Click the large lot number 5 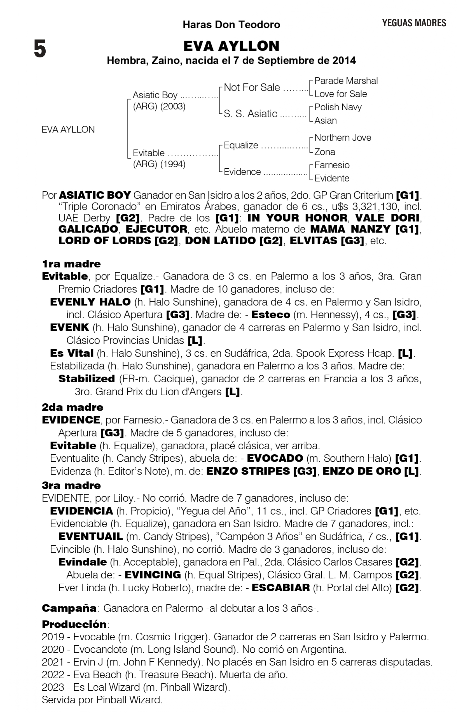(40, 49)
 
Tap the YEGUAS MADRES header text (414, 23)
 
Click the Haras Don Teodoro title (231, 24)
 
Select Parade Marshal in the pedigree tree (346, 81)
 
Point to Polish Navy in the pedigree (338, 107)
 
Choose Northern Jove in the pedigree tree (343, 138)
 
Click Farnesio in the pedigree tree (332, 165)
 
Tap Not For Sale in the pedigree (252, 87)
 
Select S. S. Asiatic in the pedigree (250, 114)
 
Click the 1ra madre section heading (71, 264)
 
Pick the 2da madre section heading (73, 407)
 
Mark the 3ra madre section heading (71, 485)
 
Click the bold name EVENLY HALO (90, 302)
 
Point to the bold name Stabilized (86, 379)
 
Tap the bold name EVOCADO (275, 458)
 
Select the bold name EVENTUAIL (90, 537)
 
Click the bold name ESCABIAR (280, 588)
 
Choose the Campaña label (69, 608)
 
